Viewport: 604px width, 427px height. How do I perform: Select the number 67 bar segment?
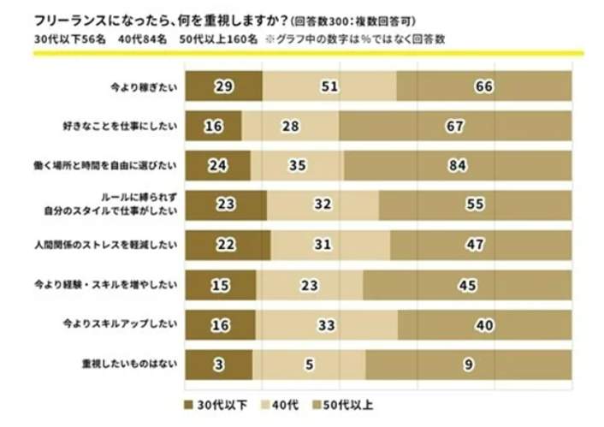(454, 127)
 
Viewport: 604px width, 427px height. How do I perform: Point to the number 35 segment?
(296, 166)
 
